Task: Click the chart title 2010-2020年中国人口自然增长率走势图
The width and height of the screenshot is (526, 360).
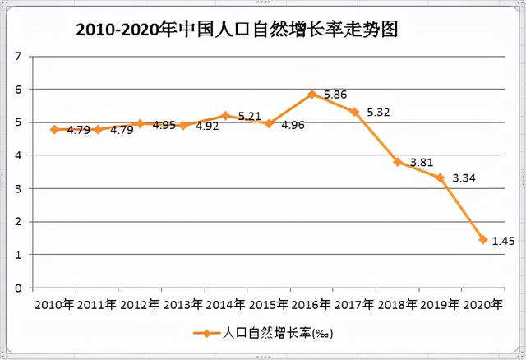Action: click(238, 30)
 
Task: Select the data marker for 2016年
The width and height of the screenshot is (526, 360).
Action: click(311, 94)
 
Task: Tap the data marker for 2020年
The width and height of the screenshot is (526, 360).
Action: click(482, 240)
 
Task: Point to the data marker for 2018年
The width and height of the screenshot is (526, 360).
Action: click(397, 162)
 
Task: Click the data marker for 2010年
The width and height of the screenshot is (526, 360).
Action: click(54, 129)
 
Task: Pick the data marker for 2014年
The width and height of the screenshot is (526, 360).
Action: click(226, 116)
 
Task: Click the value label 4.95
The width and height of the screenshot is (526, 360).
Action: click(164, 125)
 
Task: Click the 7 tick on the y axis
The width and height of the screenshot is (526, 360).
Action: click(17, 56)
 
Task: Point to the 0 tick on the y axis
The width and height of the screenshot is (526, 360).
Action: click(17, 288)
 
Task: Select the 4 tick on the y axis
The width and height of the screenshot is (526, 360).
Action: click(17, 155)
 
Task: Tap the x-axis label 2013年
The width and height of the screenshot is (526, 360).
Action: click(183, 305)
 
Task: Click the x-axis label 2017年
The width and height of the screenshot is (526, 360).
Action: click(354, 305)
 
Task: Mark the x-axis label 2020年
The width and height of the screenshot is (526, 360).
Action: click(482, 305)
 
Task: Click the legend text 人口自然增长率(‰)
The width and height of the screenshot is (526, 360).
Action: click(279, 334)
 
